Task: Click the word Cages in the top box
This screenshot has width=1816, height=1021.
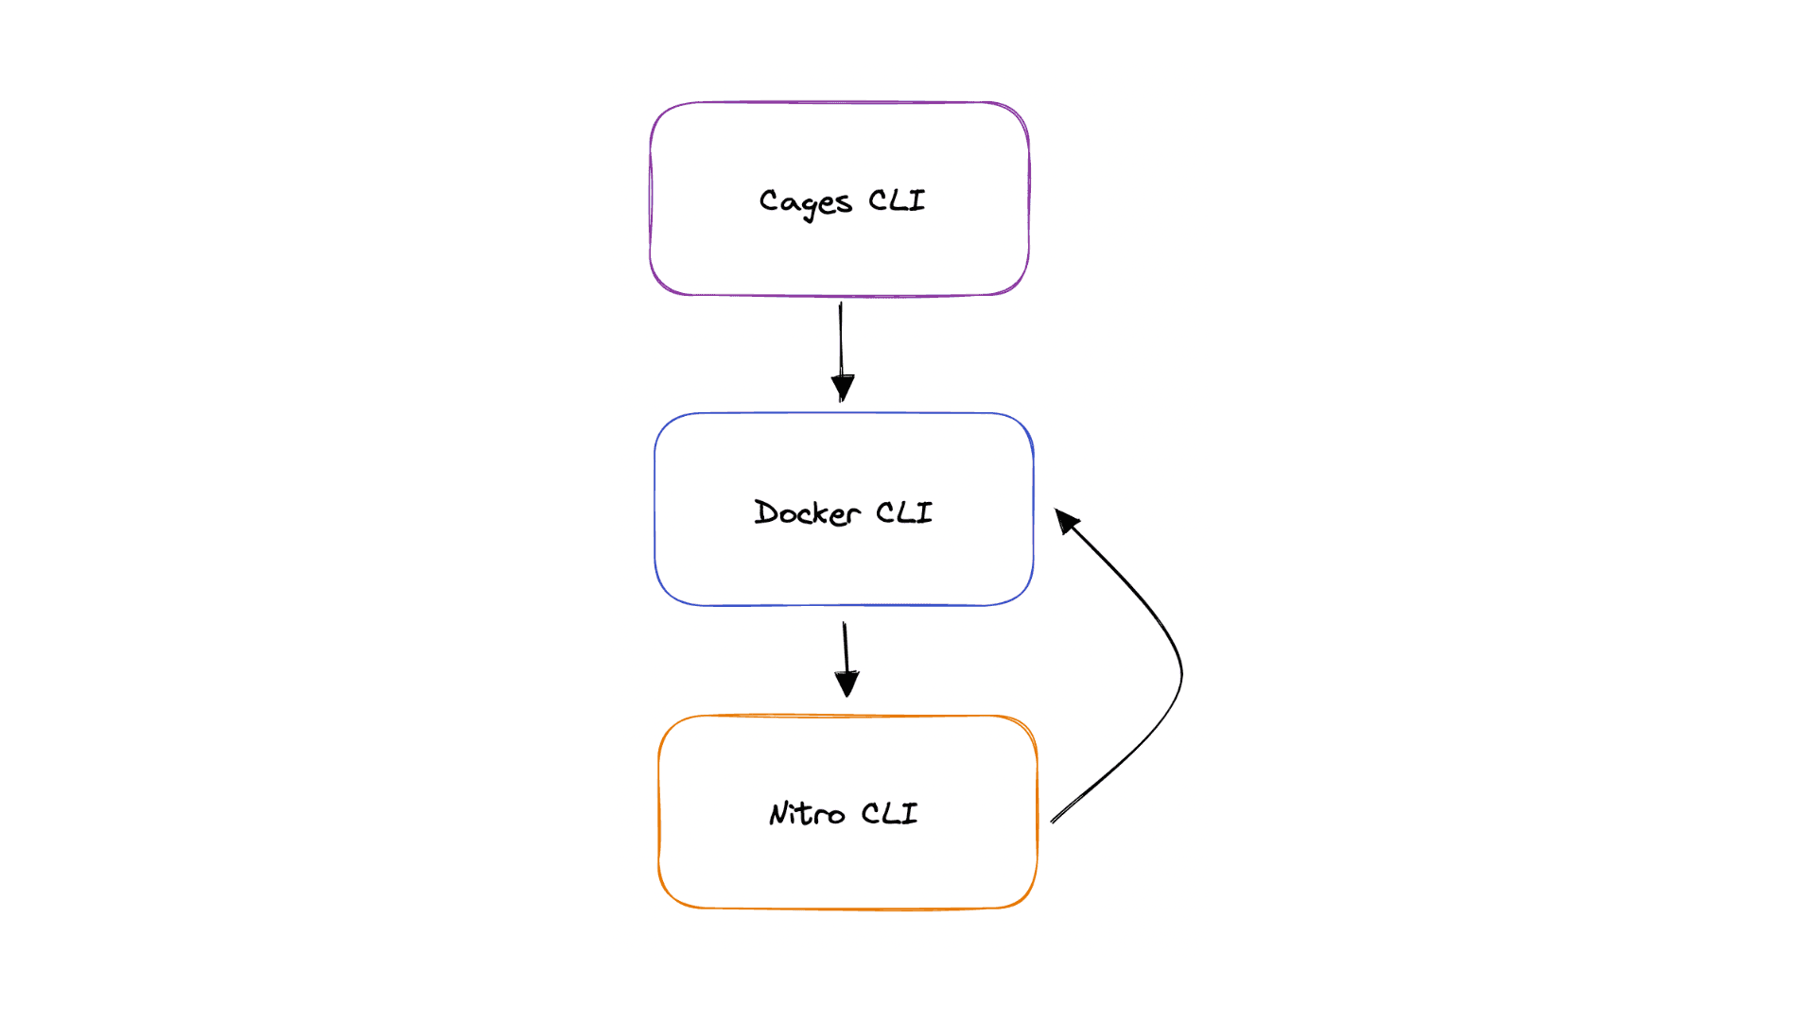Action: (805, 203)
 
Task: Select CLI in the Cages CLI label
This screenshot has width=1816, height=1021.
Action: (897, 200)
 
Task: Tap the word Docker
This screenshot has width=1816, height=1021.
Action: (807, 512)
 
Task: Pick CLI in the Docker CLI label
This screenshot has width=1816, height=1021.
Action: (904, 512)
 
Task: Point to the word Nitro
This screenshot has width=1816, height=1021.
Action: (807, 813)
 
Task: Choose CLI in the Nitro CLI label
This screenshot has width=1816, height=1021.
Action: (889, 813)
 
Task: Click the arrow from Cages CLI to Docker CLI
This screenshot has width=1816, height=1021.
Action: (842, 352)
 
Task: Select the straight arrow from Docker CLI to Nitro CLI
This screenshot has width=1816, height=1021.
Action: (846, 660)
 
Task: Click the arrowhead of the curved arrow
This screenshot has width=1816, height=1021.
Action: (1067, 520)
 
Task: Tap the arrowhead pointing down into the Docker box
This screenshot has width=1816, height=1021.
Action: (843, 388)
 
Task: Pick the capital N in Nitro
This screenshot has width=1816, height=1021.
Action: (781, 813)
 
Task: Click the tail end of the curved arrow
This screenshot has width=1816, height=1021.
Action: (1052, 822)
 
